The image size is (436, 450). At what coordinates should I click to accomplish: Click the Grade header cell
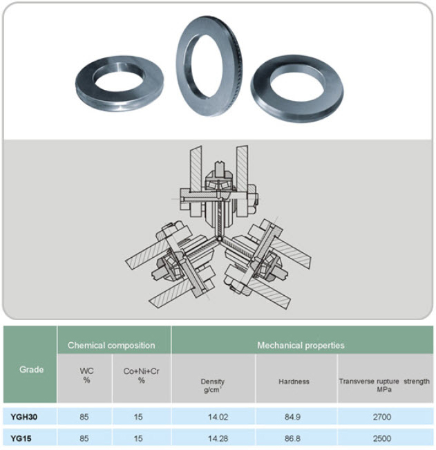(x=31, y=369)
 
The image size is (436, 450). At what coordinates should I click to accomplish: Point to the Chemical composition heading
(x=111, y=345)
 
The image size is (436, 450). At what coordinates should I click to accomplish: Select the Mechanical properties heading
(x=301, y=345)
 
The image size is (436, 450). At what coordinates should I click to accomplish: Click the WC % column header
(x=86, y=375)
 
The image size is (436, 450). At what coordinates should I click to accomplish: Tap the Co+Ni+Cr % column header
(x=141, y=375)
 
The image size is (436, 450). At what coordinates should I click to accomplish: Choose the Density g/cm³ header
(x=213, y=386)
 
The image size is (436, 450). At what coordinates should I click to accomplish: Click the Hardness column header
(x=294, y=382)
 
